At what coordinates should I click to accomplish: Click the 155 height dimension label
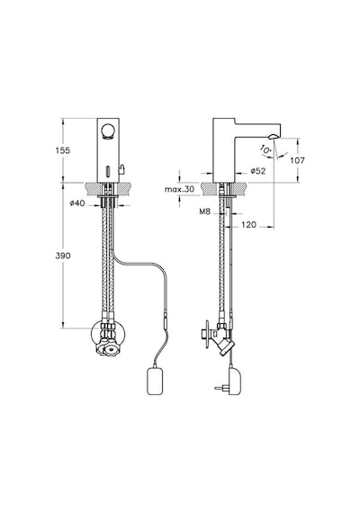point(63,150)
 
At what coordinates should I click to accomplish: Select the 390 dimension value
point(63,256)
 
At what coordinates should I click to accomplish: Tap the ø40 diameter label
point(77,203)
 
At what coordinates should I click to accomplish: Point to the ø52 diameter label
point(258,171)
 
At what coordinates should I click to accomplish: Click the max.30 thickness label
point(179,189)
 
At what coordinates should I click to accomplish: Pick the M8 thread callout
point(204,211)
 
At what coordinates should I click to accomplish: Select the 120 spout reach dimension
point(248,225)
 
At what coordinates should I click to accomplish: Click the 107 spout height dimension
point(298,160)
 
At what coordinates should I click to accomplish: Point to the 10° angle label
point(265,149)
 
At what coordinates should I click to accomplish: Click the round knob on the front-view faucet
point(107,131)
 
